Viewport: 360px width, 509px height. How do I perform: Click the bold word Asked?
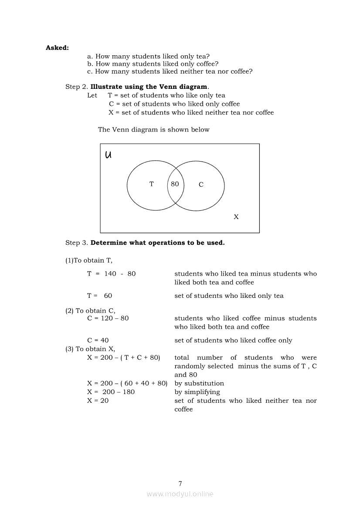pos(57,48)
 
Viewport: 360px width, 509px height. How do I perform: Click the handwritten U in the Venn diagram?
pos(108,155)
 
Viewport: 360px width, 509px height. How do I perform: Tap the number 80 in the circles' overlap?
pos(175,184)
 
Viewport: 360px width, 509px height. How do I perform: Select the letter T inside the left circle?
pos(151,184)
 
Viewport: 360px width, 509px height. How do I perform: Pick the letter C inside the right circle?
pos(201,185)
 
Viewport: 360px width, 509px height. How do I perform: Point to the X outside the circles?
pos(236,217)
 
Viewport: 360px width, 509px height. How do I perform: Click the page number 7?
pos(180,484)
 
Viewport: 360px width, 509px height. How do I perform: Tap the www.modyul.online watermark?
pos(180,494)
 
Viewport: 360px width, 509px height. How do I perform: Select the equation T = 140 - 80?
pos(111,274)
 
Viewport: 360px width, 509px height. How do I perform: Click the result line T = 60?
pos(99,296)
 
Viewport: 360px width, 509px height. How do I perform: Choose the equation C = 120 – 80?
pos(108,318)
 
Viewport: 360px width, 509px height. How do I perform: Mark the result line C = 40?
pos(98,340)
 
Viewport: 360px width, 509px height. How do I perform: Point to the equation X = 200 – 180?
pos(111,392)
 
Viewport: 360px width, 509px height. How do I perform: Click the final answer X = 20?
pos(98,401)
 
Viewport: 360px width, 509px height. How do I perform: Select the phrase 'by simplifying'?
pos(197,392)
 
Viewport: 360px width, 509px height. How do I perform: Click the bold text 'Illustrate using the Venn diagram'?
pos(149,87)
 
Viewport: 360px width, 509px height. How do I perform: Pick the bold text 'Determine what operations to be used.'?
pos(157,243)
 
